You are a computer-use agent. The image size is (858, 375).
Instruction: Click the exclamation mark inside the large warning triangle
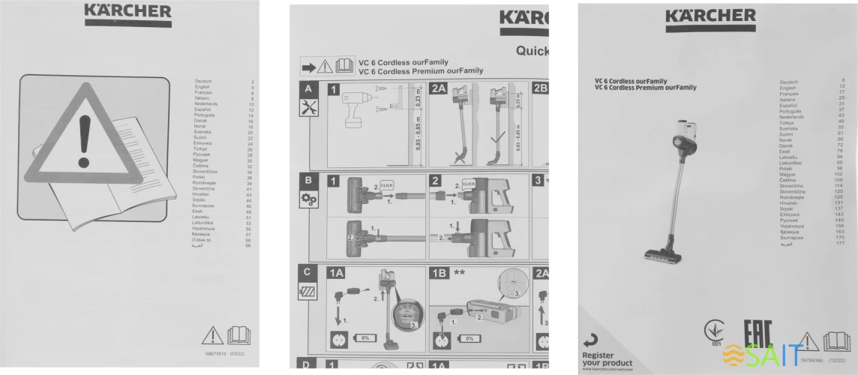[84, 142]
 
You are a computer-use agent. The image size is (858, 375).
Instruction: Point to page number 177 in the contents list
[841, 244]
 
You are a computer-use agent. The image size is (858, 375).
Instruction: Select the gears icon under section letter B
[309, 199]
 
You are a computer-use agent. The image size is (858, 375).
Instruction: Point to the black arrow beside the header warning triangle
[308, 65]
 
